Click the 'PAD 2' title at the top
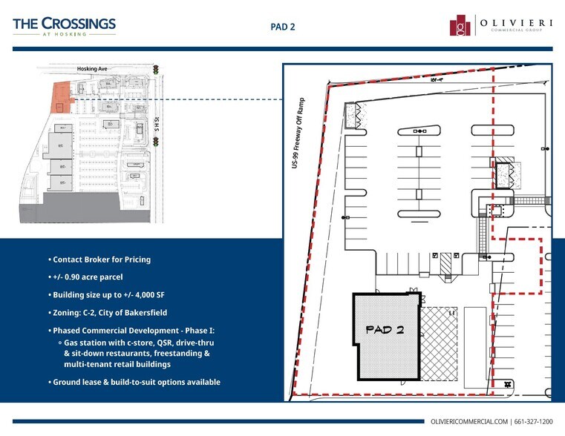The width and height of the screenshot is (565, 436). (x=282, y=26)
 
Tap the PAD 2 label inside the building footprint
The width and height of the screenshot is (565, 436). (x=385, y=330)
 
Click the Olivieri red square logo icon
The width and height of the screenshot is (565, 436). (x=460, y=25)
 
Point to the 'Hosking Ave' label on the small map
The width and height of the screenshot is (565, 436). (x=92, y=69)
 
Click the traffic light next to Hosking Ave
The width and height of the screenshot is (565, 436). (x=157, y=70)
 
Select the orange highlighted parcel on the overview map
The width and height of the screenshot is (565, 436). (x=59, y=98)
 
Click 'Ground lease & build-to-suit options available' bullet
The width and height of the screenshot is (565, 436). (x=137, y=382)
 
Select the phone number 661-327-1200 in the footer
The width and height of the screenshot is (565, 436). (x=535, y=422)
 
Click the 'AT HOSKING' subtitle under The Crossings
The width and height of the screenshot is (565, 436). (x=64, y=34)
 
